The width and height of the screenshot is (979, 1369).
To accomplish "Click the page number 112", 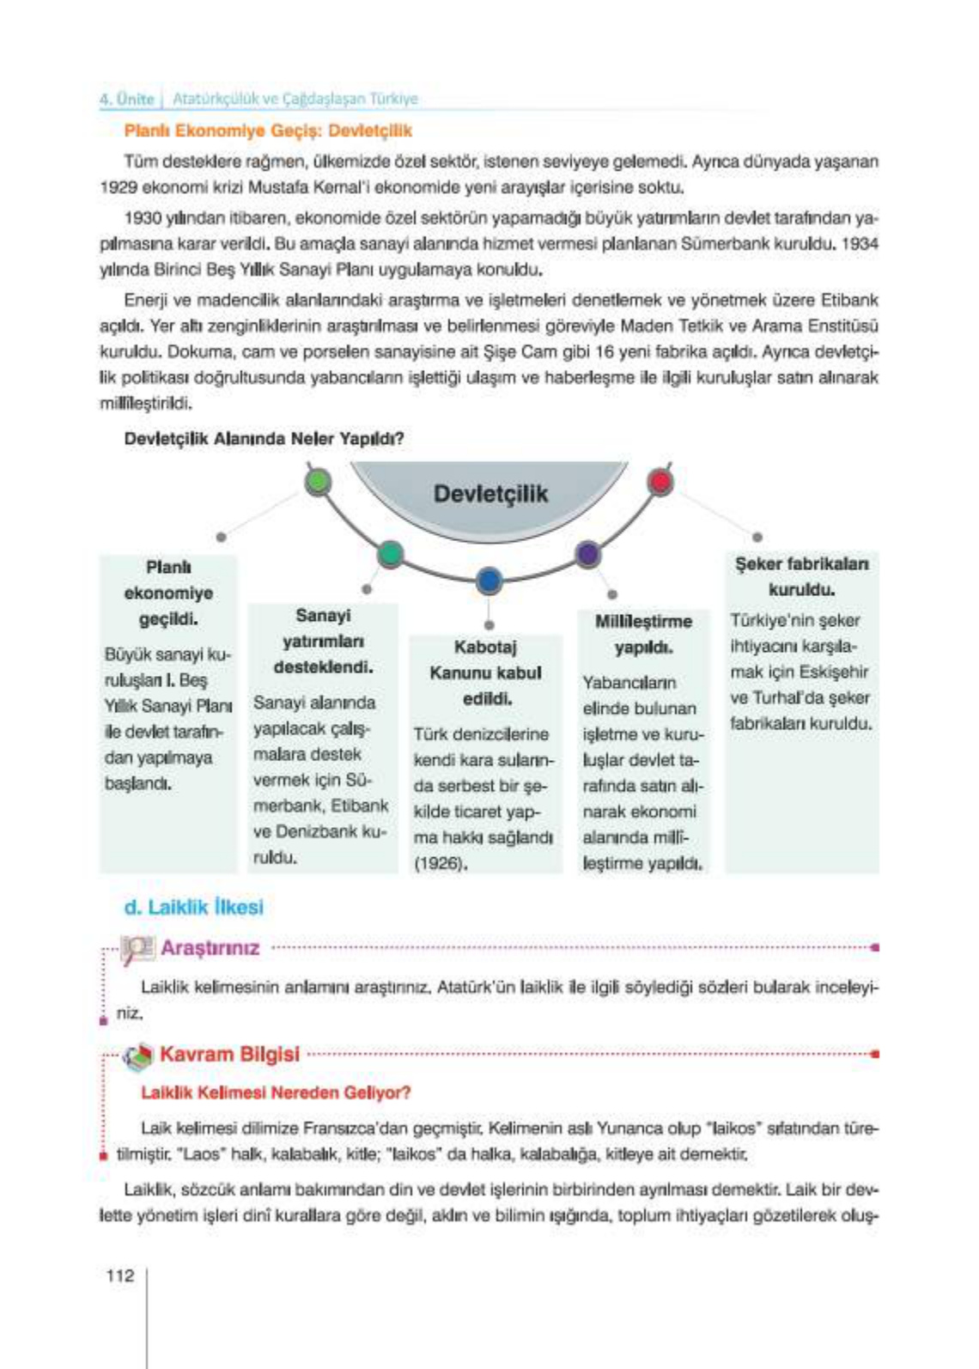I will [x=120, y=1275].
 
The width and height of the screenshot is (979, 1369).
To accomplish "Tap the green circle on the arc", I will [x=318, y=482].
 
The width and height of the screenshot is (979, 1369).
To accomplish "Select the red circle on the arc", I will [x=660, y=482].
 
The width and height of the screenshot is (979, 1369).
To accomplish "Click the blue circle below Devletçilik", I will [x=489, y=581].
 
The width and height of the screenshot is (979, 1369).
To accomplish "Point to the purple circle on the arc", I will [x=587, y=554].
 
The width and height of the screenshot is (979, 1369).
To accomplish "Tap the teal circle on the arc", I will [x=390, y=554].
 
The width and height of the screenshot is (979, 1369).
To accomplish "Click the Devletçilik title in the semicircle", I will [x=490, y=494].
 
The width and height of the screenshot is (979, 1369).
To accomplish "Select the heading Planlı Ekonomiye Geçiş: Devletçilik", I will [x=268, y=131].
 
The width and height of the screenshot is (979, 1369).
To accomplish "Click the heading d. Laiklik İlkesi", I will [x=193, y=907].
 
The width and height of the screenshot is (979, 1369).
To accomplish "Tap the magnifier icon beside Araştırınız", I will [x=137, y=948].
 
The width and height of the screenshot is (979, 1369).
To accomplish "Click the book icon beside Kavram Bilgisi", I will [x=137, y=1056].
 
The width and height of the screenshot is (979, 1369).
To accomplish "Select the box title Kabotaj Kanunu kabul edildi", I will [x=486, y=672].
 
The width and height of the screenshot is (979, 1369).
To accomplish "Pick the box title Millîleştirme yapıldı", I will [x=643, y=634].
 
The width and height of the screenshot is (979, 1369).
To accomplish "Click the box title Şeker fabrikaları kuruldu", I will [x=801, y=576].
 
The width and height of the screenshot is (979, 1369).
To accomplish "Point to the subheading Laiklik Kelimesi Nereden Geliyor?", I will [x=276, y=1092].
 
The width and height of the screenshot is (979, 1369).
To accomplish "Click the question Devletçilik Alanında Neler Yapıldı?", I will [x=264, y=439].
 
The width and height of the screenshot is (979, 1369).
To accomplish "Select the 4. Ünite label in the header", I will [x=126, y=99].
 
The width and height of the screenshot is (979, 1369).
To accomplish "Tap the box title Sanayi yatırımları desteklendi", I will [x=323, y=641].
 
